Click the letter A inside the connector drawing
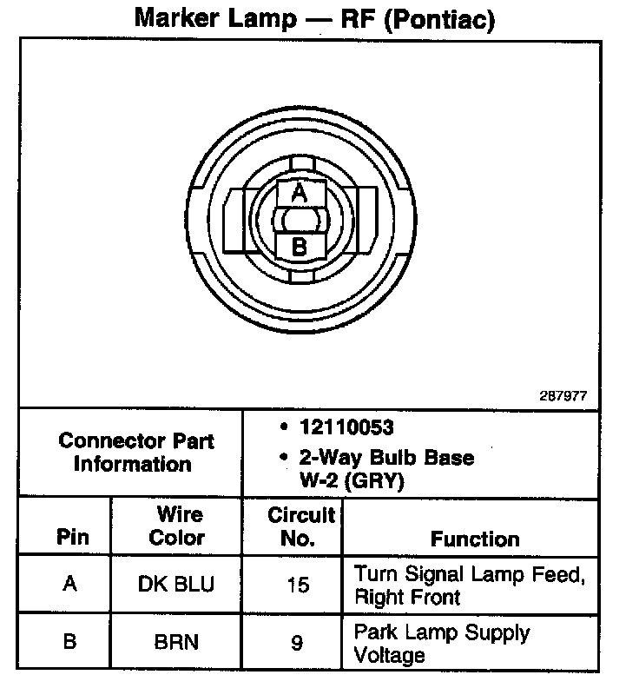coord(300,192)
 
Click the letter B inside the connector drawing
coord(300,247)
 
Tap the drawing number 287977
coord(563,395)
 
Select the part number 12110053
coord(346,427)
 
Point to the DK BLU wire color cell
coord(175,584)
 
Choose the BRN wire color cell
coord(175,642)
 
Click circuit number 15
coord(298,585)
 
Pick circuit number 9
coord(297,643)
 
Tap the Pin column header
coord(72,537)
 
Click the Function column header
coord(475,539)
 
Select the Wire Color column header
coord(176,526)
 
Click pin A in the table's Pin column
coord(70,584)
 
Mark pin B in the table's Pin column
coord(70,642)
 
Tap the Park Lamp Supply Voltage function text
coord(441,643)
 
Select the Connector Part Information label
coord(136,452)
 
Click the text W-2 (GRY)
coord(357,480)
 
